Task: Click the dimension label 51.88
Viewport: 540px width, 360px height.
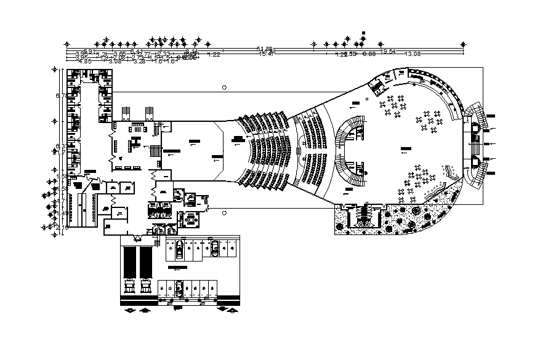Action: (x=265, y=48)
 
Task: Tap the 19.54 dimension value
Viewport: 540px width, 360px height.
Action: (x=388, y=51)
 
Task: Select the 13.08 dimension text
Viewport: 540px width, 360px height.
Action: (x=412, y=54)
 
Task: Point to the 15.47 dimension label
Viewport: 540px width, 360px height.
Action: (x=267, y=54)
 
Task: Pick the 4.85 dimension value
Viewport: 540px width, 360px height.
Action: (x=84, y=61)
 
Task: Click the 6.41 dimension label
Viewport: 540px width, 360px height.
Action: (x=136, y=51)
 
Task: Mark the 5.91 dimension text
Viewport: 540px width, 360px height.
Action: (x=90, y=51)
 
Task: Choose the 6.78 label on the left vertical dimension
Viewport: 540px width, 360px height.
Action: (x=60, y=96)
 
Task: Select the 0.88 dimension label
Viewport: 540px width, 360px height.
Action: (x=368, y=54)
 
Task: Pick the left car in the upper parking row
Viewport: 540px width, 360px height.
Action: (x=178, y=249)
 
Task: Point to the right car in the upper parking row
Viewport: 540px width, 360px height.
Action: (x=215, y=247)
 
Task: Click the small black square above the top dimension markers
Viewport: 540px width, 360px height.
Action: (x=364, y=33)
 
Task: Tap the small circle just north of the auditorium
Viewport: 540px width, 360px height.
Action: (x=224, y=87)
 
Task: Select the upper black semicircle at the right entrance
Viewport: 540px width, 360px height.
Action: (x=475, y=128)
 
